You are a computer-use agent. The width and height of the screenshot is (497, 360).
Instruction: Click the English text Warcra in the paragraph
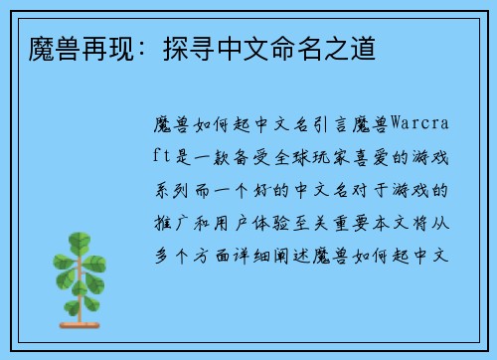click(x=420, y=126)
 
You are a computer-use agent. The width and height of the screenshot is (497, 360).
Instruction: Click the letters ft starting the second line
click(x=165, y=159)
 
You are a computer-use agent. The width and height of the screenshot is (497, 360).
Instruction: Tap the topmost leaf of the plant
click(x=78, y=240)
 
